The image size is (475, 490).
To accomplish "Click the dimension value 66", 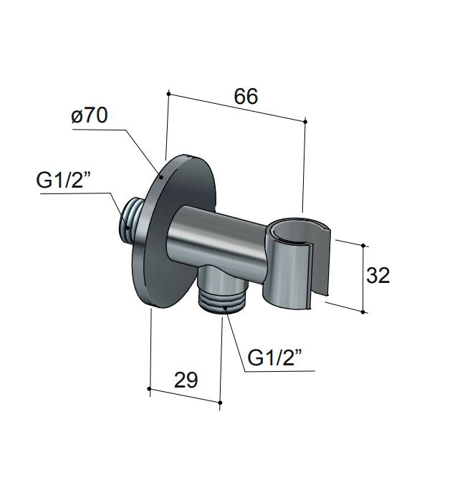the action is (246, 96).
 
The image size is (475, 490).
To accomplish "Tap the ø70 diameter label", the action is (90, 115).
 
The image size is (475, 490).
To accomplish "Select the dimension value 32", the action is (378, 275).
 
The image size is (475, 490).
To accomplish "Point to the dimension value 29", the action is (186, 380).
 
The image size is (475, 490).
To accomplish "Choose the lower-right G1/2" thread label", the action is (274, 357).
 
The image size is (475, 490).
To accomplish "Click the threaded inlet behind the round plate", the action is (130, 218).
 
